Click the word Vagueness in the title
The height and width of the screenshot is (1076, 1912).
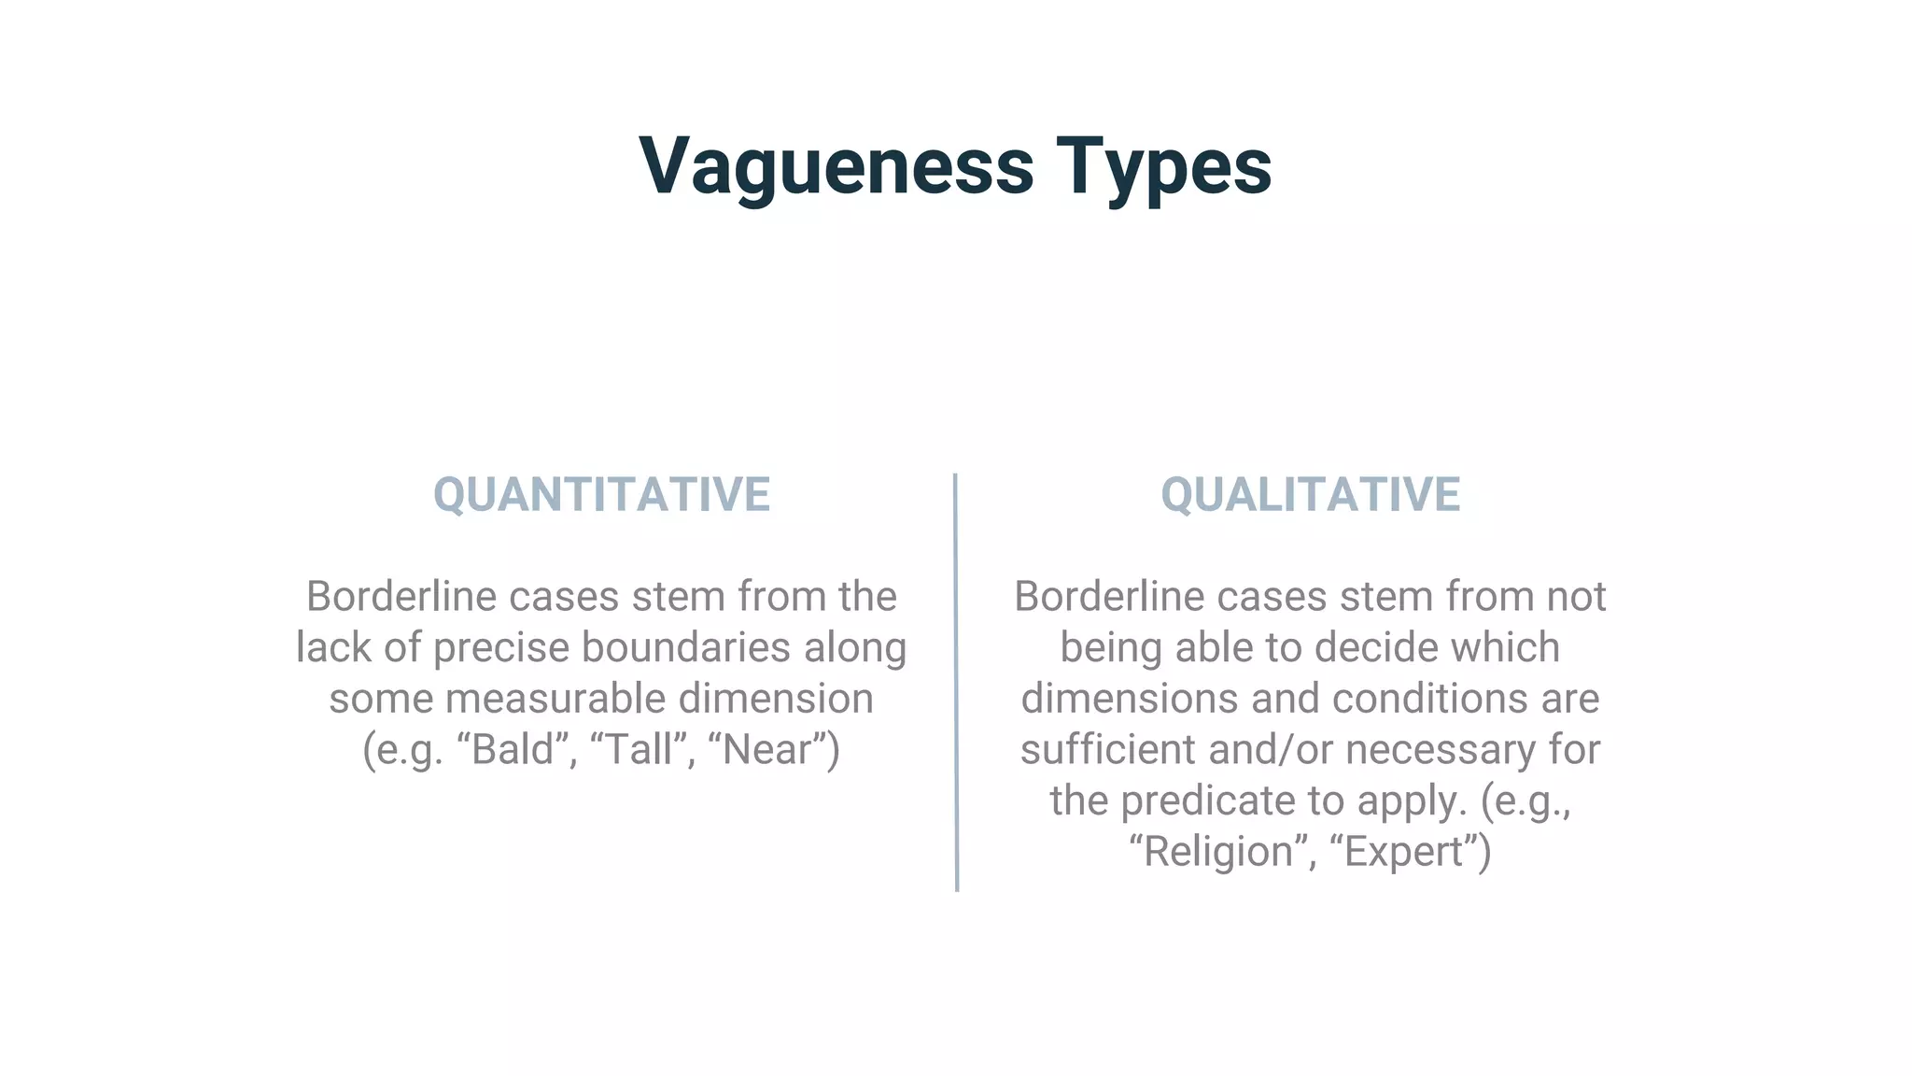[836, 166]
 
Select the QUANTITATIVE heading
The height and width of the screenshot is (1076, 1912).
[601, 494]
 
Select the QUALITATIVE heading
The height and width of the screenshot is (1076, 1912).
[1310, 494]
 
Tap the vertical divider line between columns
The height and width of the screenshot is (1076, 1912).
[956, 682]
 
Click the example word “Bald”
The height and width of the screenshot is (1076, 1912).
[513, 749]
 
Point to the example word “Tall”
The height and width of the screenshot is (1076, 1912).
[639, 749]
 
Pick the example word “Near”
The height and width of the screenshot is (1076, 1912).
[766, 749]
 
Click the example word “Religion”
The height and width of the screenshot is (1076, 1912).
[1219, 851]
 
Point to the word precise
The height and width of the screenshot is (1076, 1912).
[500, 647]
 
